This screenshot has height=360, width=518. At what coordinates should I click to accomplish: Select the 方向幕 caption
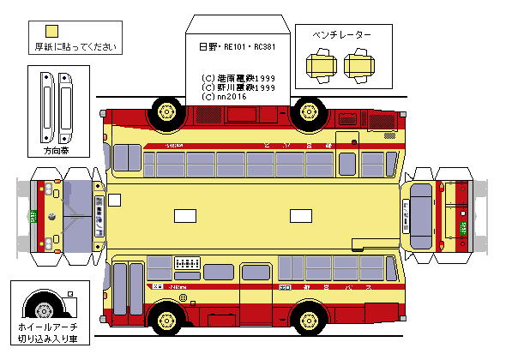[57, 151]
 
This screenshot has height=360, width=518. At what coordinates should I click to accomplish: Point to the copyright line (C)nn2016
[225, 97]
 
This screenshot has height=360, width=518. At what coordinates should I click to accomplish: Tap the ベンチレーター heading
[342, 35]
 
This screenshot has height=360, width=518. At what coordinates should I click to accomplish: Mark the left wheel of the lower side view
[166, 321]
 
